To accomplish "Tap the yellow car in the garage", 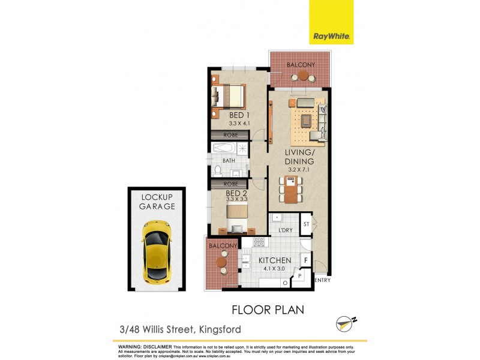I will click(156, 251).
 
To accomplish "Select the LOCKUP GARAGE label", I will click(157, 202).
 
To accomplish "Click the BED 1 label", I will click(239, 115).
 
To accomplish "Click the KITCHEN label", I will click(275, 260).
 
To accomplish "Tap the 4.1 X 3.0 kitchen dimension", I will click(275, 269).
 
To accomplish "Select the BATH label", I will click(229, 161).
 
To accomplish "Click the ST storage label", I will click(305, 224).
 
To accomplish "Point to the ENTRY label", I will click(322, 280).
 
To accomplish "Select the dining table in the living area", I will click(291, 189).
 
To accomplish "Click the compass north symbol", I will click(343, 323).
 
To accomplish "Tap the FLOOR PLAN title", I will click(268, 310).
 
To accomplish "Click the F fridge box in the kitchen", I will click(305, 261).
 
